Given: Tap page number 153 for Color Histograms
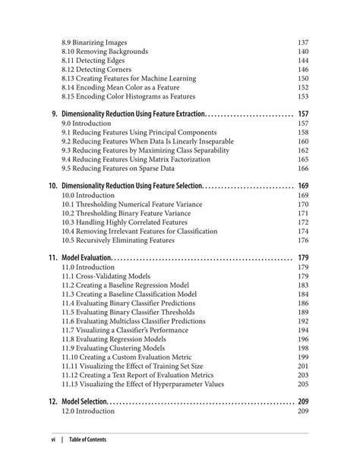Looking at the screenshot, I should (x=303, y=96).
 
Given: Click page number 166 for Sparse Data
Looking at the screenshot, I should (x=303, y=168).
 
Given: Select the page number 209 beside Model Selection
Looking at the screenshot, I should (x=303, y=401).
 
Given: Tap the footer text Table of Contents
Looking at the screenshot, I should (x=88, y=439).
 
